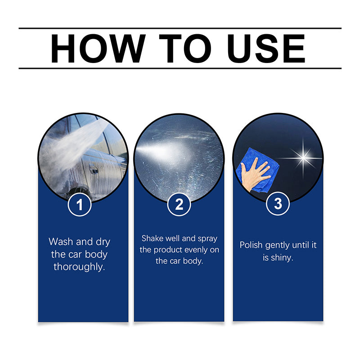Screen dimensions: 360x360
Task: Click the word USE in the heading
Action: point(265,49)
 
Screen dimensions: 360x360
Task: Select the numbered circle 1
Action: point(80,205)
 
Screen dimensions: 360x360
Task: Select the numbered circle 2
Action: point(179,205)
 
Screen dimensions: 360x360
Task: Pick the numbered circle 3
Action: point(278,204)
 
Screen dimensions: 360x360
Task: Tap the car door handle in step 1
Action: point(94,170)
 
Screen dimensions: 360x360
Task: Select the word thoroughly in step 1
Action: point(80,266)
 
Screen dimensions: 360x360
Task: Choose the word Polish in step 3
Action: point(251,245)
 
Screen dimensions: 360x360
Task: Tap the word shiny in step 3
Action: point(282,258)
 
